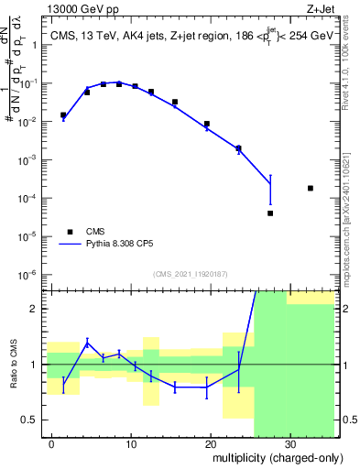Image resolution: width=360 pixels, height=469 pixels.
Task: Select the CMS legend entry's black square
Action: pos(69,232)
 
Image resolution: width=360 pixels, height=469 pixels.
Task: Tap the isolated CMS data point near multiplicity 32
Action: pos(311,188)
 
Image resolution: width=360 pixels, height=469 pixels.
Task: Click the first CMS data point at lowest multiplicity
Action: pos(63,115)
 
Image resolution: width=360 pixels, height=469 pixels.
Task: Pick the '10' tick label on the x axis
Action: pos(131,443)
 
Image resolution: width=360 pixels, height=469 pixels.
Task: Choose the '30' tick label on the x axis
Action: pos(290,443)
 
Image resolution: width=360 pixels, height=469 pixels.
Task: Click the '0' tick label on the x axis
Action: pos(51,443)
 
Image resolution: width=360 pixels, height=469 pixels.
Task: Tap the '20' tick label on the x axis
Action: pos(211,443)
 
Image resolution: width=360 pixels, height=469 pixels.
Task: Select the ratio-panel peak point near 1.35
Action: pos(87,343)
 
